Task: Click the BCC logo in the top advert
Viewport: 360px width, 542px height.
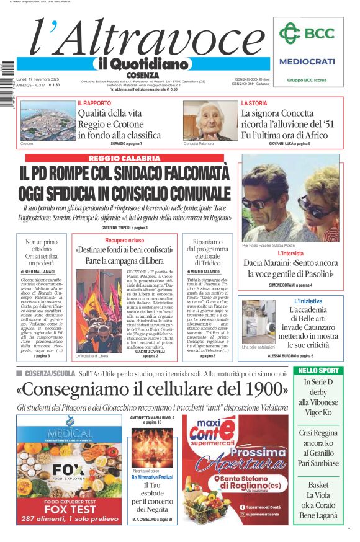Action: (x=307, y=33)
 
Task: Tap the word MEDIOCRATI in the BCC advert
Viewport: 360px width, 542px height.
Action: (x=307, y=61)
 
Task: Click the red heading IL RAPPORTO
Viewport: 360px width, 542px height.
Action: (x=94, y=103)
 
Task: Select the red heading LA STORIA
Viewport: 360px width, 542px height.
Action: (x=254, y=103)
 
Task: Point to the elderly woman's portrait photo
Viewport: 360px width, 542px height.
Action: (x=210, y=120)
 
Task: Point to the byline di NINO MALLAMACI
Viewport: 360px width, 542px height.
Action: (x=42, y=272)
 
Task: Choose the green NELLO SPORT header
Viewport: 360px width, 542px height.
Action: (x=318, y=370)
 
